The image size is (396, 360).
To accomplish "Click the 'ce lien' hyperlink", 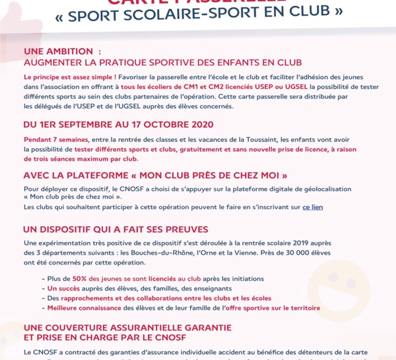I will [313, 207].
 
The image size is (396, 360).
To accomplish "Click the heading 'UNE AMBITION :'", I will [63, 51].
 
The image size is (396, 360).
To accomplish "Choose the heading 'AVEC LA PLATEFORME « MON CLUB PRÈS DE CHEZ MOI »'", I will [155, 175].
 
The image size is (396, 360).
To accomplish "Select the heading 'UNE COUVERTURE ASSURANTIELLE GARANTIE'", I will [127, 327].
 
